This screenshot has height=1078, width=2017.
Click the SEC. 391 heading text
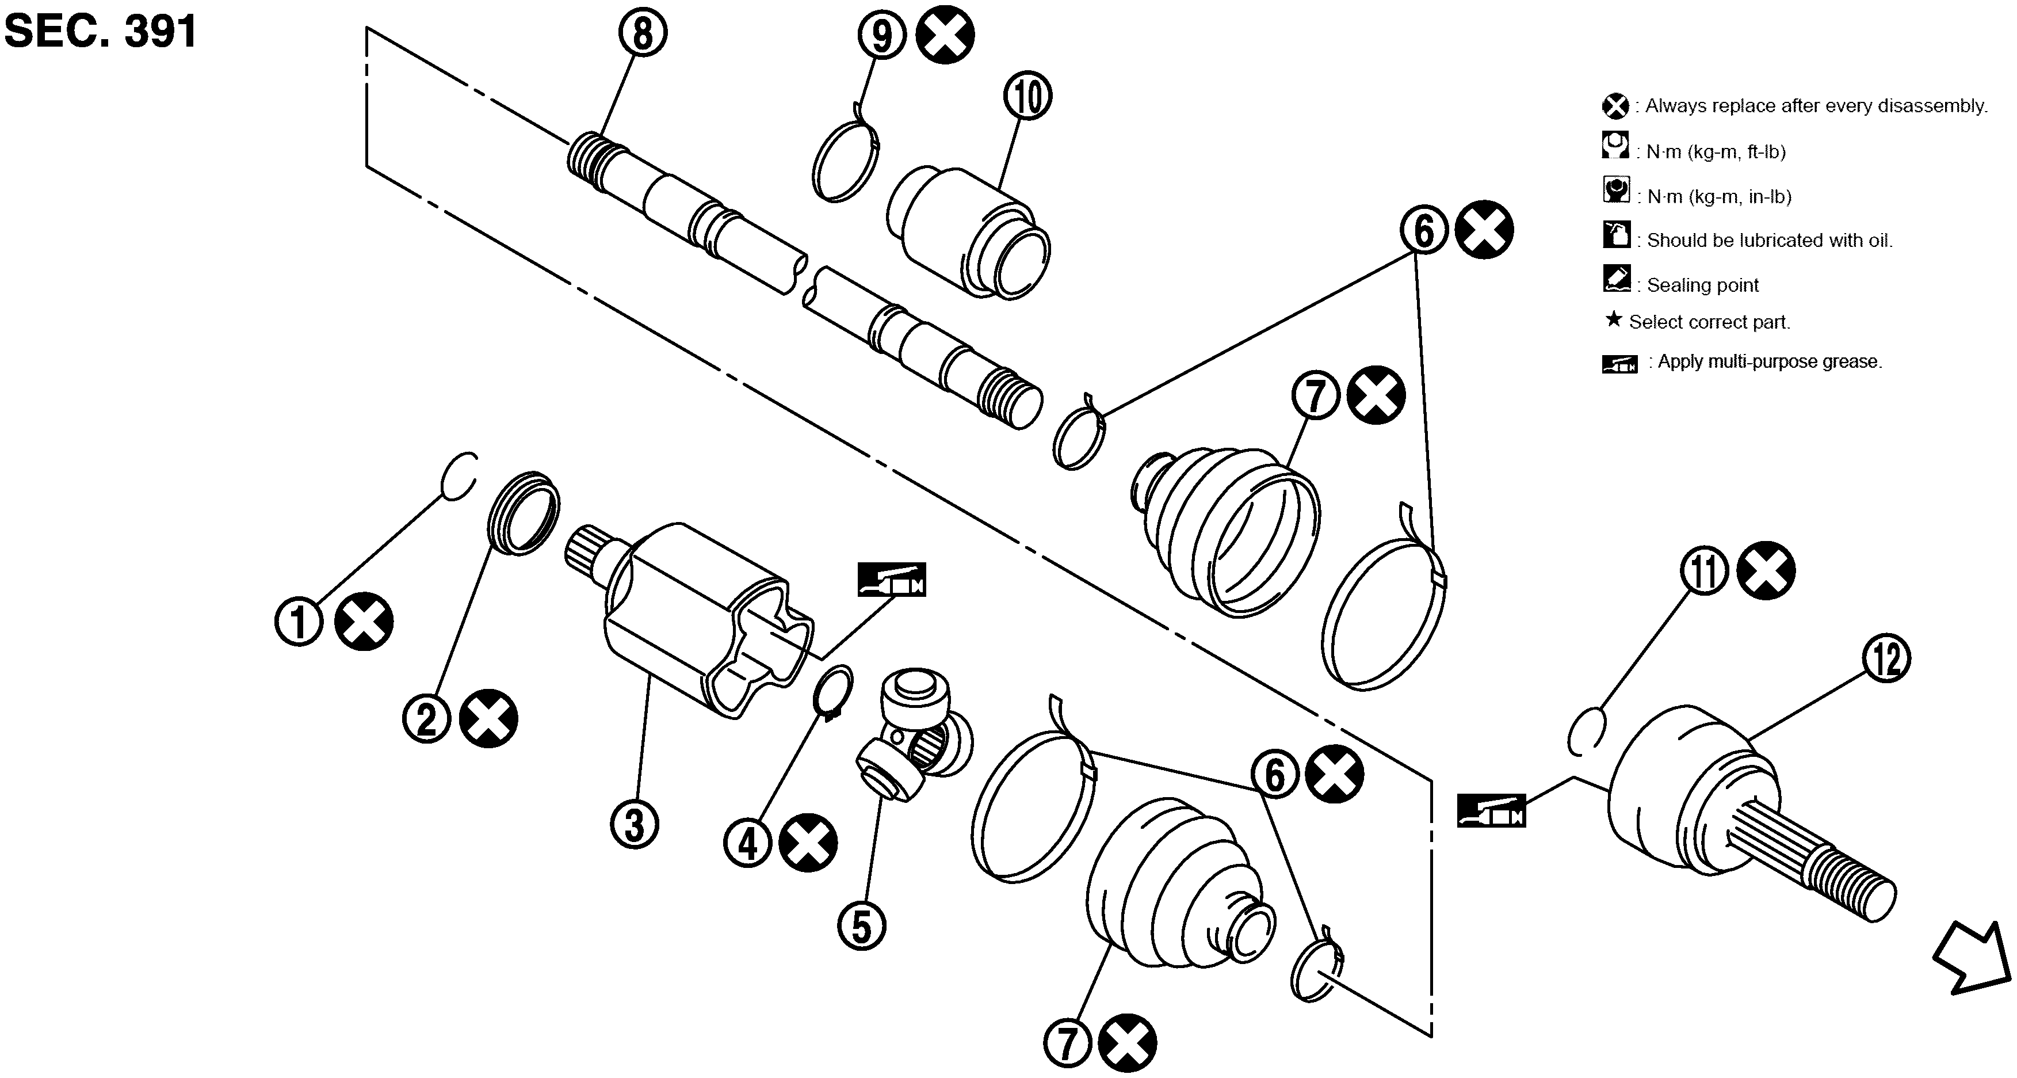coord(101,31)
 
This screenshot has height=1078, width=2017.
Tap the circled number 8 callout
coord(642,34)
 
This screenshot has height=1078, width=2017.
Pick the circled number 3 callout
coord(634,824)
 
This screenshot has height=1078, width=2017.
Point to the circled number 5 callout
coord(861,927)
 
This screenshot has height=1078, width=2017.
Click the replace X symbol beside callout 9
coord(946,35)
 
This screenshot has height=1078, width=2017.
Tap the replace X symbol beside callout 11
coord(1766,570)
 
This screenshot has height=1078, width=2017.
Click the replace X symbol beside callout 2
coord(488,718)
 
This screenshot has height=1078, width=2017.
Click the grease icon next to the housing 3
coord(892,580)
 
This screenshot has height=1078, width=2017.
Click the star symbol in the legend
coord(1613,319)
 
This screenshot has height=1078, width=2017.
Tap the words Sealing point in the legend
coord(1702,285)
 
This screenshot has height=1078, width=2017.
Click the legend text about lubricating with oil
coord(1770,241)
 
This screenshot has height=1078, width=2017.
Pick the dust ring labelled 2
coord(523,513)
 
